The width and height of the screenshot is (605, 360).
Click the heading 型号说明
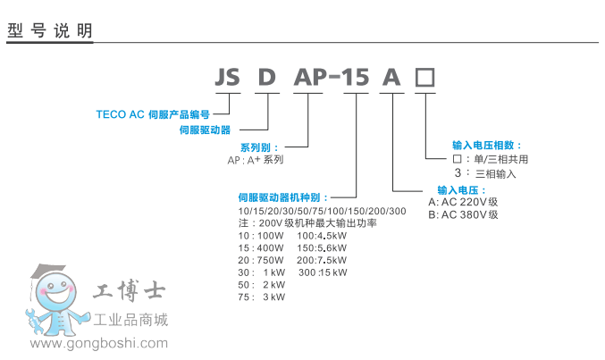49,30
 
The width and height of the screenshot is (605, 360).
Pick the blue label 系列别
259,147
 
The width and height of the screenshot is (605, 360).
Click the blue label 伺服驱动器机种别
283,197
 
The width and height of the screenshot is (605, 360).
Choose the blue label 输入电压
461,190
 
